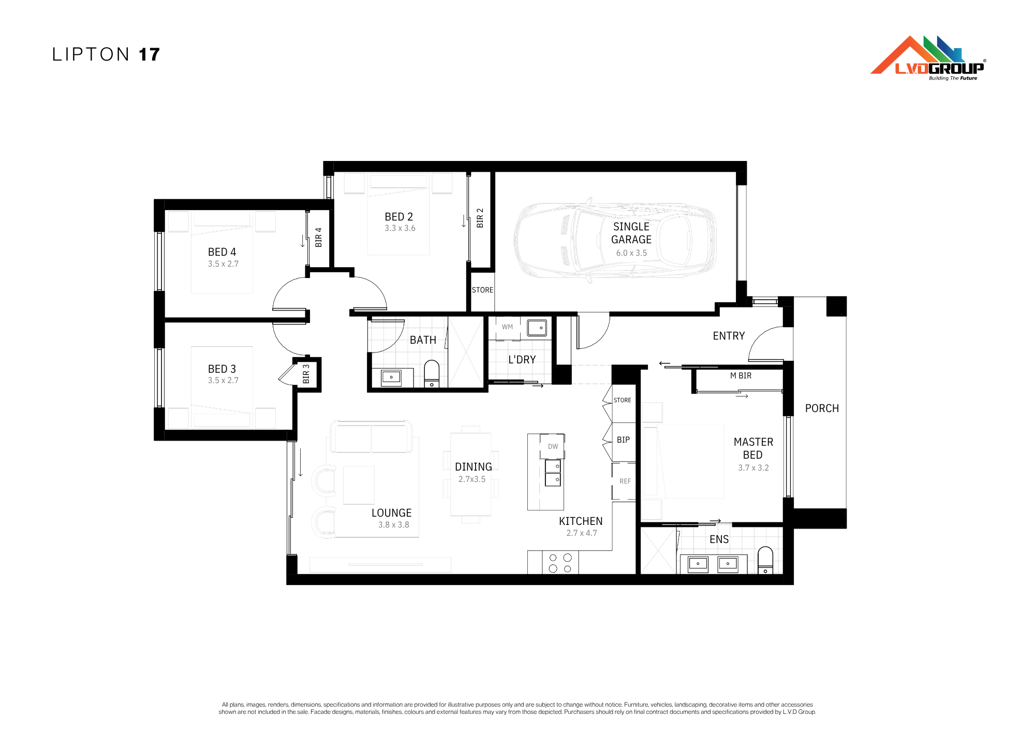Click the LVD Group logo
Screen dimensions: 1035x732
tap(928, 58)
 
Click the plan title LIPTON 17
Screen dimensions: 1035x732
tap(106, 54)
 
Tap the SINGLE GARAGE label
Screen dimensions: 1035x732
tap(631, 233)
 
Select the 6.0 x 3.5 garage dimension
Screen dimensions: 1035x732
tap(631, 253)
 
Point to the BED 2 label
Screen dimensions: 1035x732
tap(399, 217)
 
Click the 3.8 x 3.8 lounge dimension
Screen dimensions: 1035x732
tap(394, 525)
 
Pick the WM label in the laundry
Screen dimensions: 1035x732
tap(507, 327)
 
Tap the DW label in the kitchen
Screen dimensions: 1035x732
tap(553, 447)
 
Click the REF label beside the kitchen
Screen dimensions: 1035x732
tap(625, 481)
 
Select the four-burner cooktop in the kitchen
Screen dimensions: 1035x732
tap(560, 563)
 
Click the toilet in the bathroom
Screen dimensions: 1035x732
tap(432, 374)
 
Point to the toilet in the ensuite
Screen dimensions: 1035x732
tap(765, 560)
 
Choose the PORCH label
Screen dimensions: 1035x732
tap(822, 408)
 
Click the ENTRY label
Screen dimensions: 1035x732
tap(729, 336)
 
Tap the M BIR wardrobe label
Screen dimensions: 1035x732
tap(741, 376)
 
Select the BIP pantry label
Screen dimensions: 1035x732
tap(623, 440)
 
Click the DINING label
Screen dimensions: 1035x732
tap(474, 467)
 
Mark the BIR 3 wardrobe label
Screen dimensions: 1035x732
tap(306, 374)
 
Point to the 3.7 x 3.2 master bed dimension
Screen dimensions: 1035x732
tap(753, 468)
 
